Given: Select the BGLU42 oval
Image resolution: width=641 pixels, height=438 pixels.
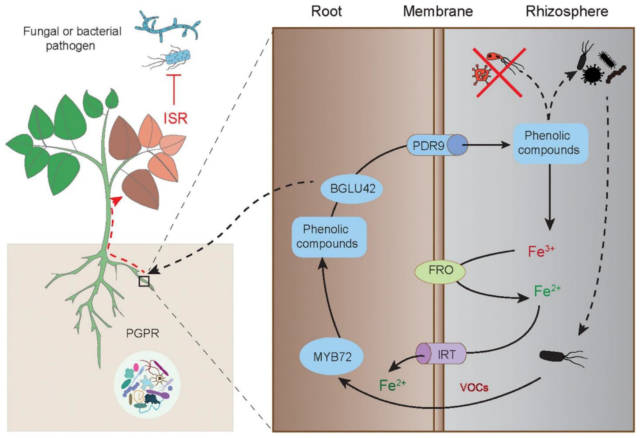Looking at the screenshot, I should point(351,188).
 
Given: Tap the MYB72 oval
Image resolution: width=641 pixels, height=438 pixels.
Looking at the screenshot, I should point(332,357).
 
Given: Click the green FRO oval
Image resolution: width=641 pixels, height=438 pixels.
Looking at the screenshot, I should point(440,270).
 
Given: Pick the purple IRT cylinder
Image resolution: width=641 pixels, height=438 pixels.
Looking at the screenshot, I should point(441,354).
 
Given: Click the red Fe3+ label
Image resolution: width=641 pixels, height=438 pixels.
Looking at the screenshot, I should point(541,251).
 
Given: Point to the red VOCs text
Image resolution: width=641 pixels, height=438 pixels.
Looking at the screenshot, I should point(474,387).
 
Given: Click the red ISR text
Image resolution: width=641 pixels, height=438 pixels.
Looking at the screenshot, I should point(176,118).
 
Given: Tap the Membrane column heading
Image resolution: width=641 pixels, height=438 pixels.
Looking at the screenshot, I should point(438,12).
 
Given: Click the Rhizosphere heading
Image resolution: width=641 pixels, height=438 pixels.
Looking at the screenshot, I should point(566,12).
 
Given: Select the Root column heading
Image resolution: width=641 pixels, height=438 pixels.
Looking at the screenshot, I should point(326,12).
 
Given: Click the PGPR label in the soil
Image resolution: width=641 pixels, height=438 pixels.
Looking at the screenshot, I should point(142,334).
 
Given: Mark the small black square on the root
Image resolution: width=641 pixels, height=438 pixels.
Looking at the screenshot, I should point(144,281).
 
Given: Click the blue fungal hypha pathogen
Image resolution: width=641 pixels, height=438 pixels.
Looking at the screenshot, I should point(167,26).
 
